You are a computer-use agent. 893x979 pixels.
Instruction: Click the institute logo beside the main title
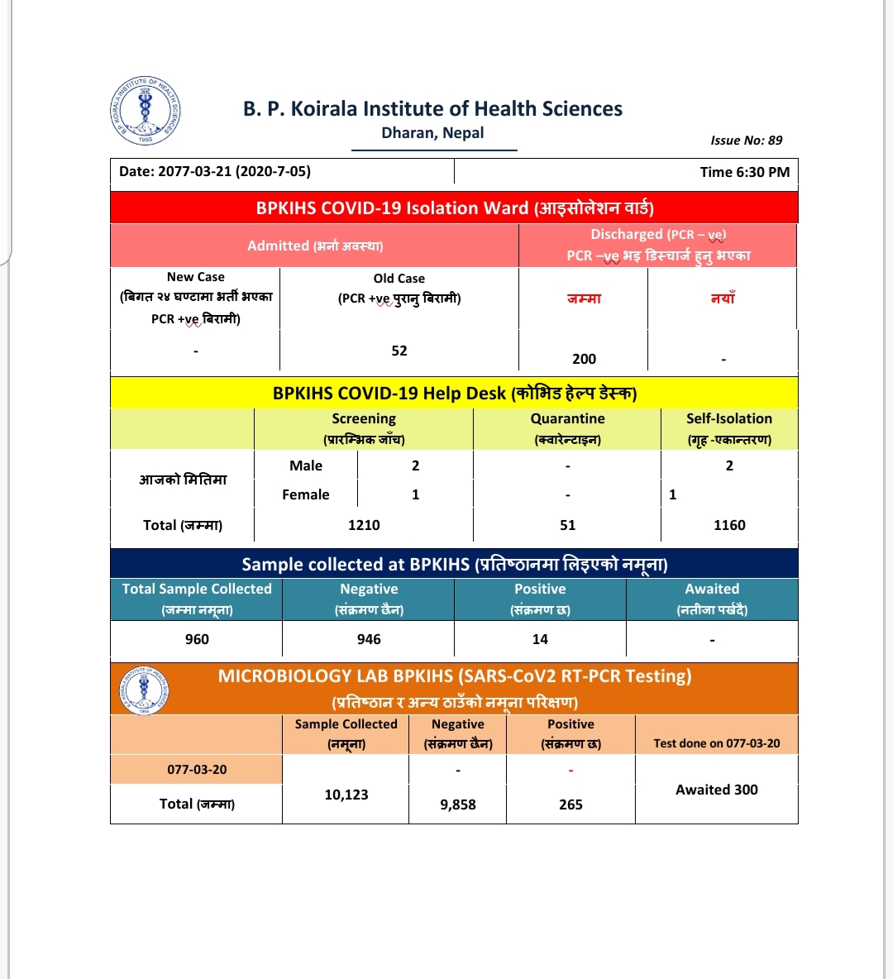146,112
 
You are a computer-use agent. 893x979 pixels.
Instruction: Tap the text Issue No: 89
746,141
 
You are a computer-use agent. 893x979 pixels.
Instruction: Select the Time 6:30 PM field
744,172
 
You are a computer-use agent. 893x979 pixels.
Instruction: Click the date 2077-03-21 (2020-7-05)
215,172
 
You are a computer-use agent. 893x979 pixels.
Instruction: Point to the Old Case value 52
399,351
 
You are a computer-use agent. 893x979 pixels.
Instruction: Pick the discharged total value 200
584,359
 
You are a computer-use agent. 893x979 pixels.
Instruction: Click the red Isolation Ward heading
454,208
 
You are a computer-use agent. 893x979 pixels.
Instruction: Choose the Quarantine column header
567,428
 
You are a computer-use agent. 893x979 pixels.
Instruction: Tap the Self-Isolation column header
728,428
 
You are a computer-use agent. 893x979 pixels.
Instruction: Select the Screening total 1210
364,525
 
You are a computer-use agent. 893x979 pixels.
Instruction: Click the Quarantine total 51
567,525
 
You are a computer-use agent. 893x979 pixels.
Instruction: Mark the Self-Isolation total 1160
729,525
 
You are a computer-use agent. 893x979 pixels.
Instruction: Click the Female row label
306,494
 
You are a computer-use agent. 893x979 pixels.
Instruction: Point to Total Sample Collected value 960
197,639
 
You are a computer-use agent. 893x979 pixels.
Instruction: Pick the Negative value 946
369,639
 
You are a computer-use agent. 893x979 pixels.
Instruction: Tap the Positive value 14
540,639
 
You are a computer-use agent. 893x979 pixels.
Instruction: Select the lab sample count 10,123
346,795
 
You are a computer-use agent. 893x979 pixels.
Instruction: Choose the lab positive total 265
571,805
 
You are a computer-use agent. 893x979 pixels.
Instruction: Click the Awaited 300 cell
716,790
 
